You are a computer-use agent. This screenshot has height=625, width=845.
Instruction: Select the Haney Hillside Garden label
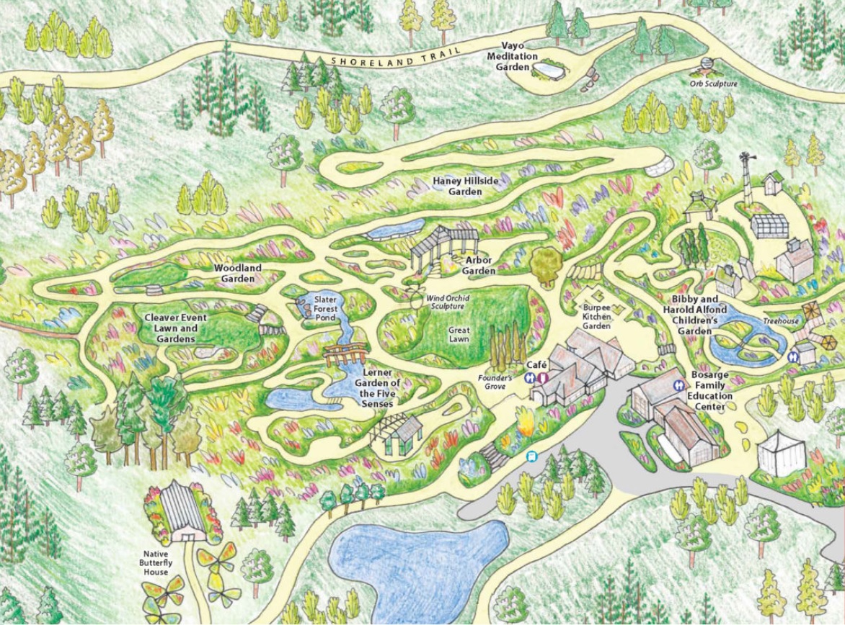click(465, 186)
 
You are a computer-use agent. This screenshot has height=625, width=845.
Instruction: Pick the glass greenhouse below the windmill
click(769, 225)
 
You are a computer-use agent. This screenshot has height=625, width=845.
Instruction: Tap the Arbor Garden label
click(479, 266)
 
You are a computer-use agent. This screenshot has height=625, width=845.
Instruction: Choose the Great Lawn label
click(459, 335)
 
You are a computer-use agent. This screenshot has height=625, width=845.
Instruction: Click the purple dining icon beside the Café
click(542, 377)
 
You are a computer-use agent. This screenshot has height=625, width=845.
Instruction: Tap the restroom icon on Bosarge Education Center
click(678, 385)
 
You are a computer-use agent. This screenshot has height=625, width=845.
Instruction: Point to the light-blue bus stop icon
click(532, 455)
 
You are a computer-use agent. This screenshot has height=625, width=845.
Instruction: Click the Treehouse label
click(782, 320)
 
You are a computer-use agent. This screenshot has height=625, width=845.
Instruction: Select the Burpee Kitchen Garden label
click(596, 316)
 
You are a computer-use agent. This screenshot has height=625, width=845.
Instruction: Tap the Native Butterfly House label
click(155, 562)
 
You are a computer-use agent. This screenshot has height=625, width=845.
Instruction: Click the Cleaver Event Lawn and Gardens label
click(175, 328)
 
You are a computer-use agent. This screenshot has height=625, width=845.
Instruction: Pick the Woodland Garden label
click(238, 273)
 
